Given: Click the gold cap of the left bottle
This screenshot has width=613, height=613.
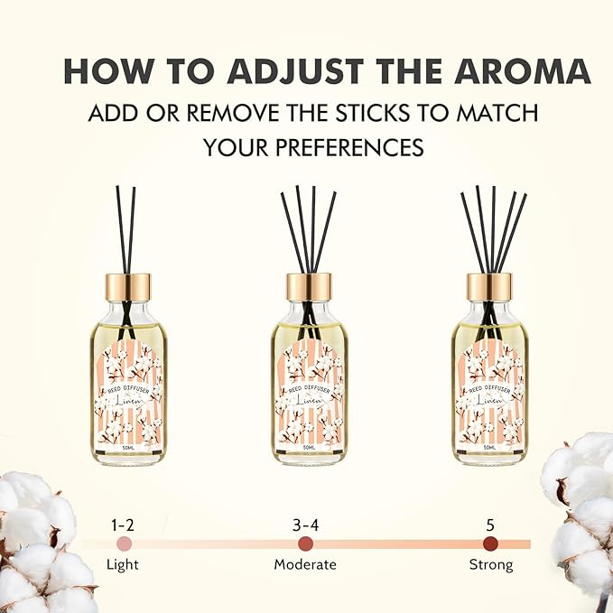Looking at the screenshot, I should [x=128, y=286].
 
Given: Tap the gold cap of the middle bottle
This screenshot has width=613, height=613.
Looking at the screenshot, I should [x=309, y=286].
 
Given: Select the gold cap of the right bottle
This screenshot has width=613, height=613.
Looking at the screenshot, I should [x=489, y=286].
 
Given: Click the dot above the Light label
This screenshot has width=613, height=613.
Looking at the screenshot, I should [x=125, y=543].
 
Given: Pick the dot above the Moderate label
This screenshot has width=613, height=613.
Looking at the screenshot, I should [x=305, y=543].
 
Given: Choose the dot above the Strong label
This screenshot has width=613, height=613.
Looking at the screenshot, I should [x=490, y=543].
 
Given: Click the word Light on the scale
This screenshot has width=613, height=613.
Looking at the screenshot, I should [x=125, y=565].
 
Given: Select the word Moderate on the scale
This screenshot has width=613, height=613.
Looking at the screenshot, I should [x=305, y=565].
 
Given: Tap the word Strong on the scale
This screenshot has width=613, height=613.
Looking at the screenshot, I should [x=490, y=565].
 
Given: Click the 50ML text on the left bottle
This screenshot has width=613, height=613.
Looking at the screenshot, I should [x=128, y=447].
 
